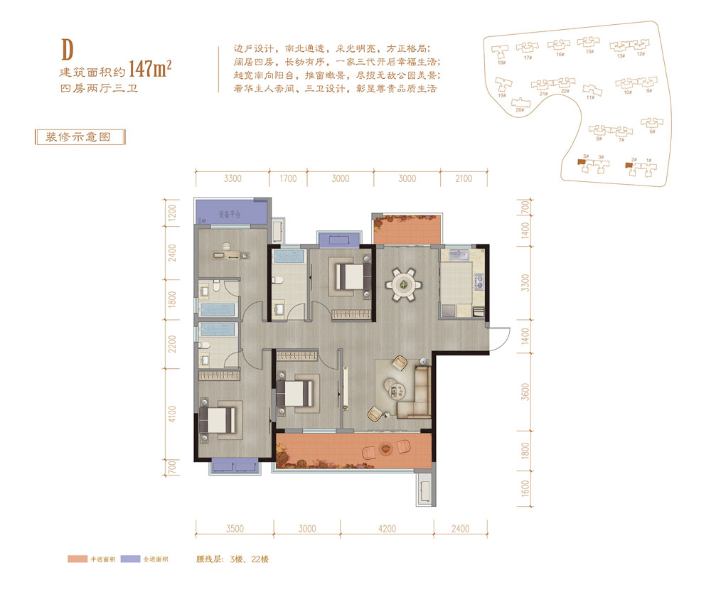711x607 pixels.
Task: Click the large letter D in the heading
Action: [68, 50]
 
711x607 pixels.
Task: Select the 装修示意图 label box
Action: [79, 137]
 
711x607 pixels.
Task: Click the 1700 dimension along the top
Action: [288, 178]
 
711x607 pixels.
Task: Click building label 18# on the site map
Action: [501, 63]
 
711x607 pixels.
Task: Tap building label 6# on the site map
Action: [651, 132]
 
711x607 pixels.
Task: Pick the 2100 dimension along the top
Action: [463, 178]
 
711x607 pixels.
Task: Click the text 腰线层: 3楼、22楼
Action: [232, 559]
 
